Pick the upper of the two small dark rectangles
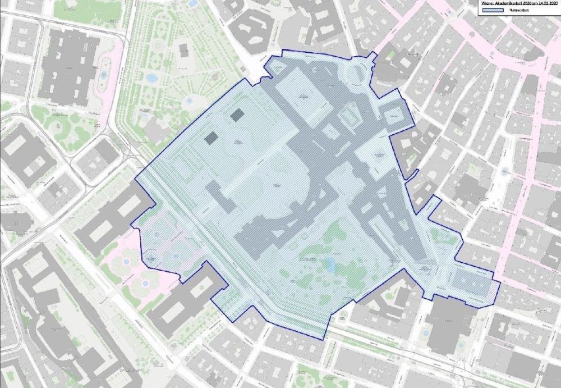coord(237,115)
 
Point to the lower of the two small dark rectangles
coord(211,137)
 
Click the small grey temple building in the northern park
coord(184,53)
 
